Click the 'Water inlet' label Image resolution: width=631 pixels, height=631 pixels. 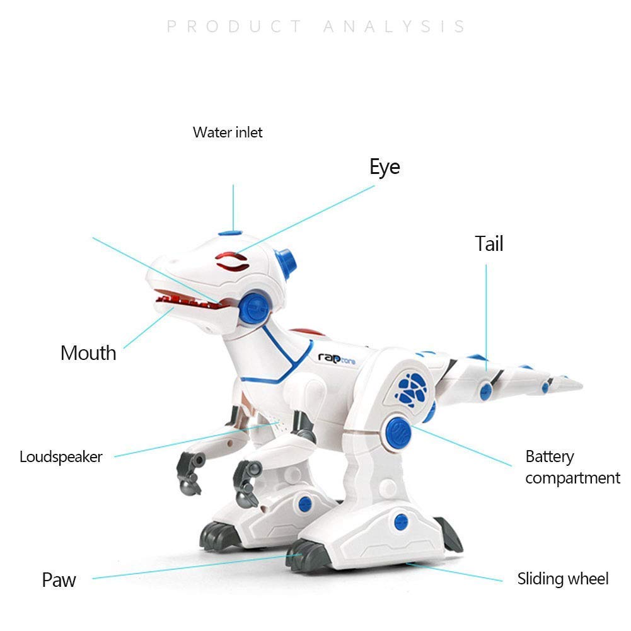point(228,132)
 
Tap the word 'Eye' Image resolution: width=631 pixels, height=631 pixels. point(385,167)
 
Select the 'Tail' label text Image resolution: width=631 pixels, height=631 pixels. point(489,243)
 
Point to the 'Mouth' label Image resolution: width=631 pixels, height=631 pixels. point(88,352)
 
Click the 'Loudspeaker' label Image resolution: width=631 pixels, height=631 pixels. point(61,456)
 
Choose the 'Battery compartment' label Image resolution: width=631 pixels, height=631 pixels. point(572,467)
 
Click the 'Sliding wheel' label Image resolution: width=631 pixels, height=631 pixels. point(563,579)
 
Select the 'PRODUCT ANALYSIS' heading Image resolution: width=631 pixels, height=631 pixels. point(316,26)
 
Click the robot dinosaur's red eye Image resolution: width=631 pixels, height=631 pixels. point(231,260)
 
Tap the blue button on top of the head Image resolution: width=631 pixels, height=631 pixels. point(231,234)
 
